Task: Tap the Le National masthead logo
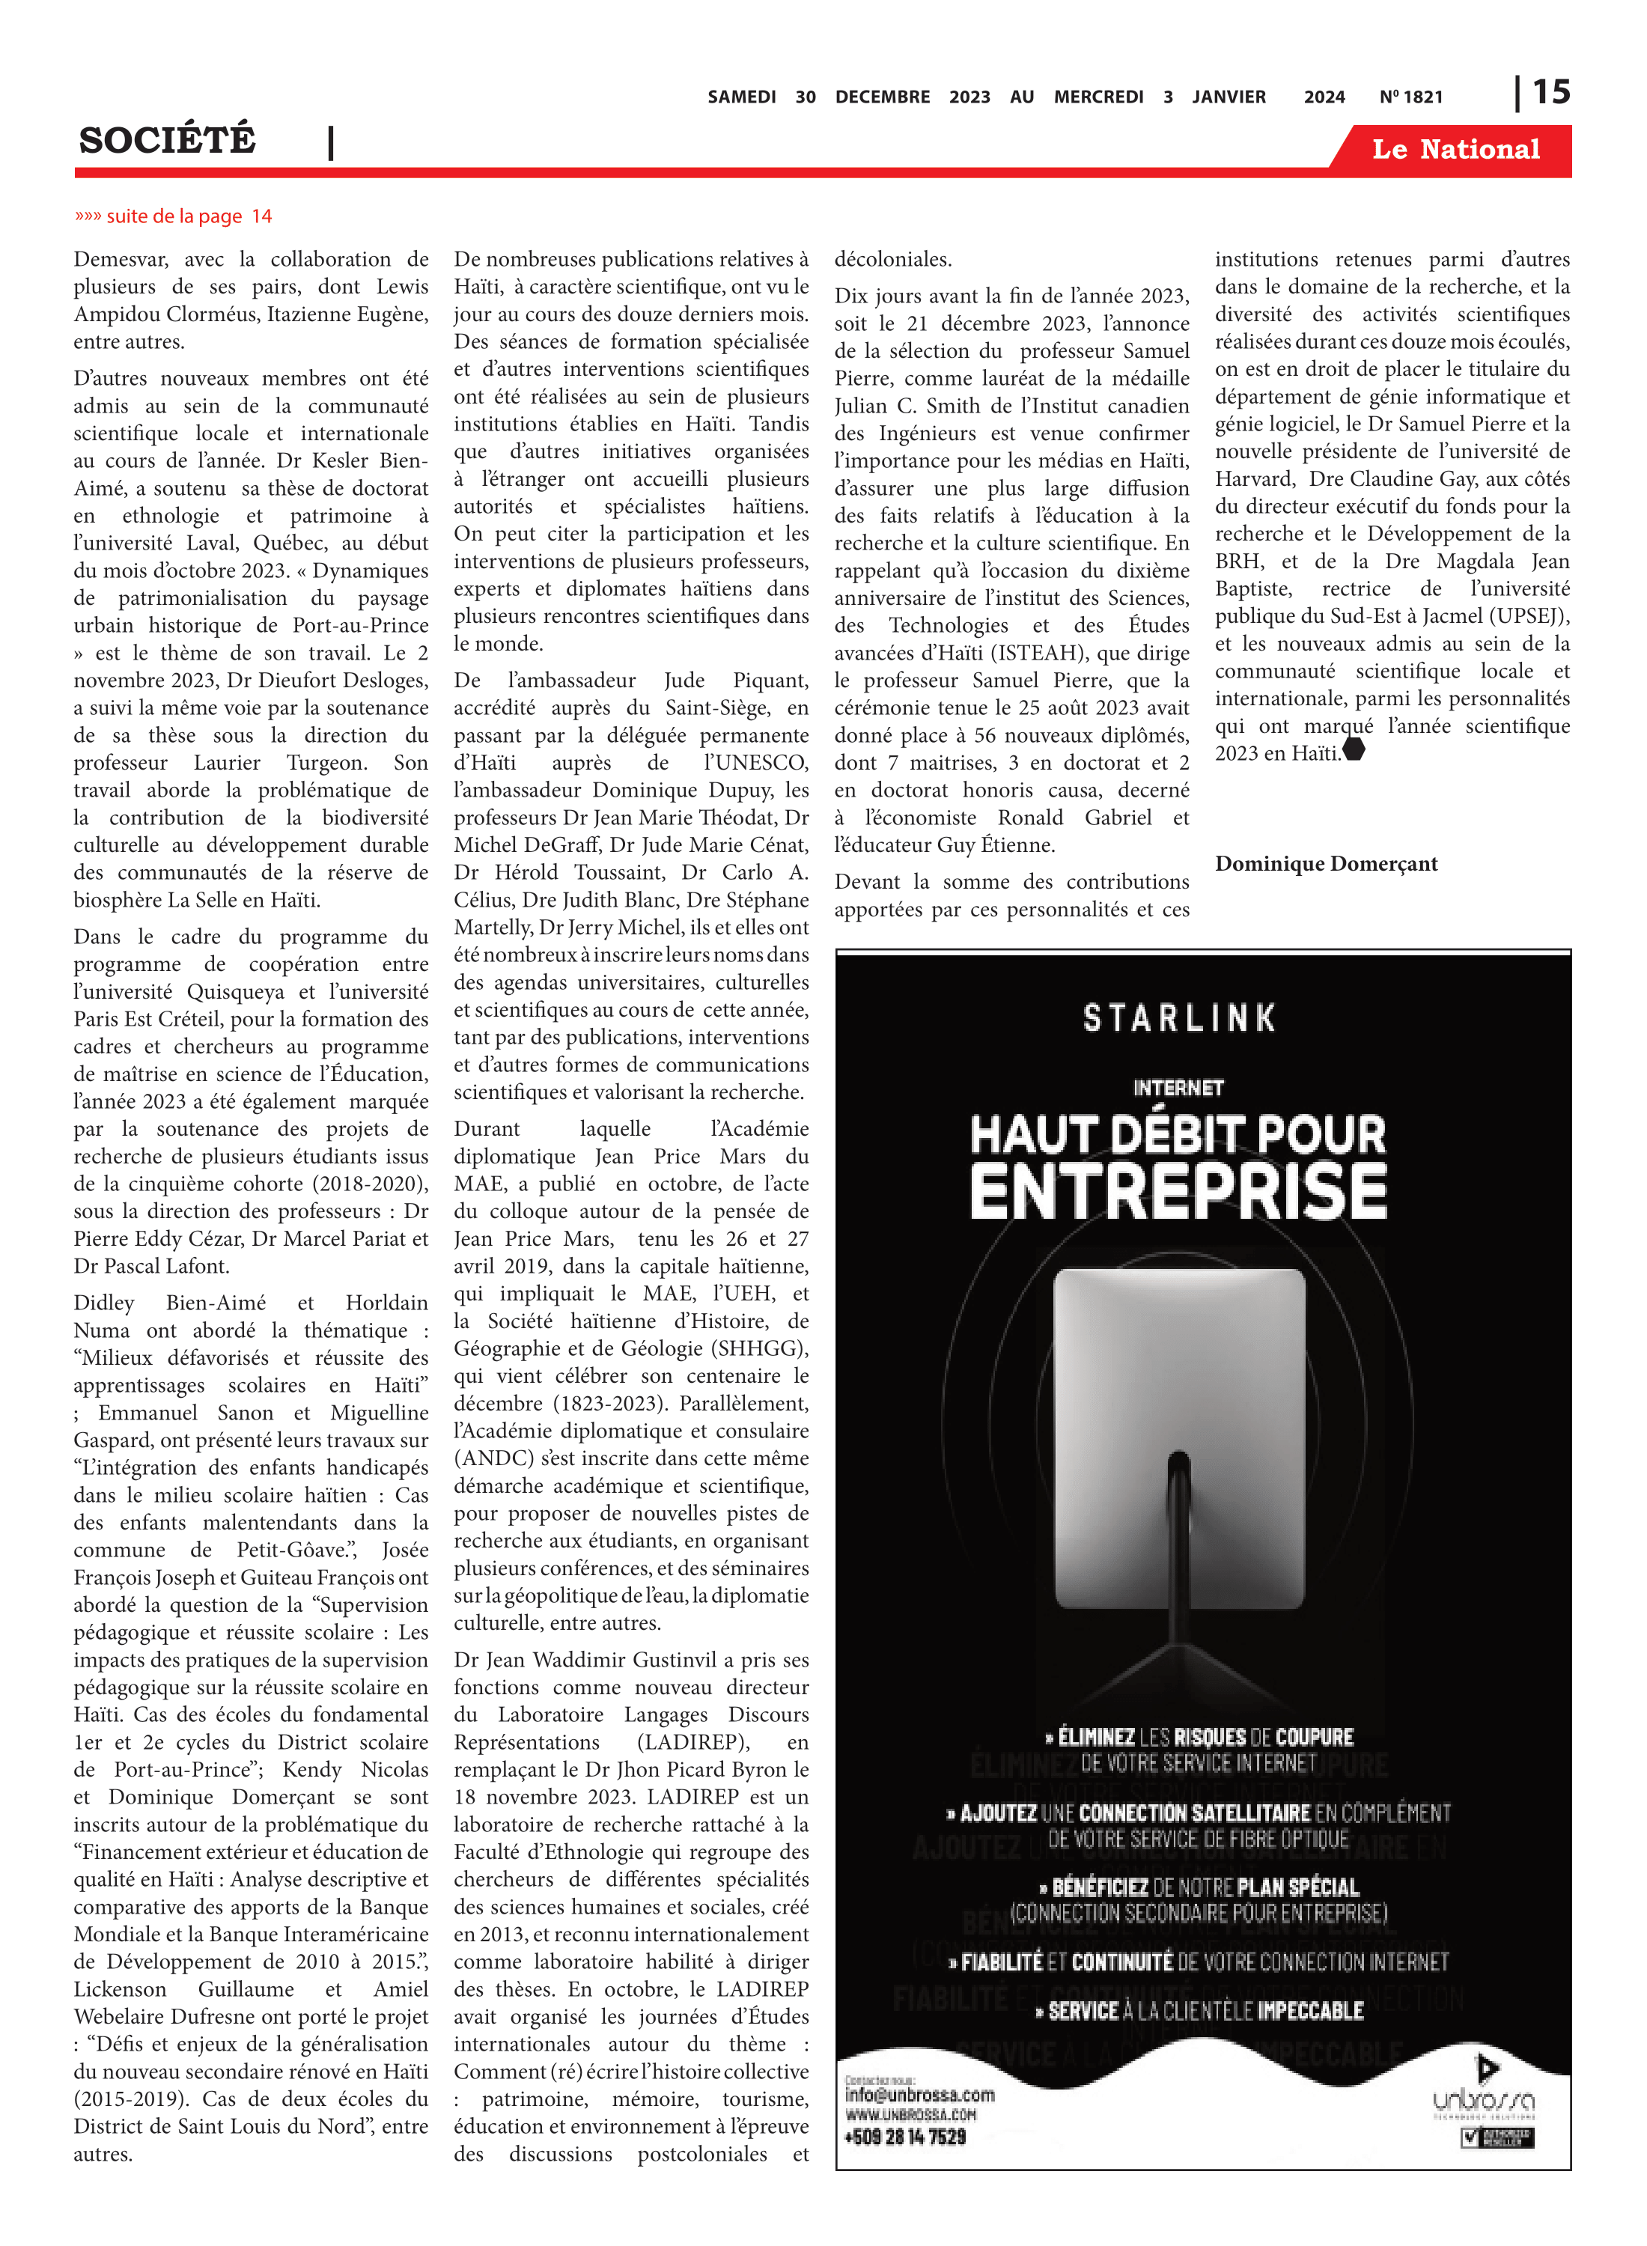1455,150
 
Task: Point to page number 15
1550,93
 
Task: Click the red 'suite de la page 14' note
174,216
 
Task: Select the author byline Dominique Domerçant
1325,863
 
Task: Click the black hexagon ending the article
1353,749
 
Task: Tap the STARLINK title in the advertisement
1178,1018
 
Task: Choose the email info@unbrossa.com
919,2095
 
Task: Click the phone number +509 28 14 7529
904,2137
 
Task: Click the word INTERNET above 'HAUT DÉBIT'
1178,1088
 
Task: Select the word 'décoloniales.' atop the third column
892,259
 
